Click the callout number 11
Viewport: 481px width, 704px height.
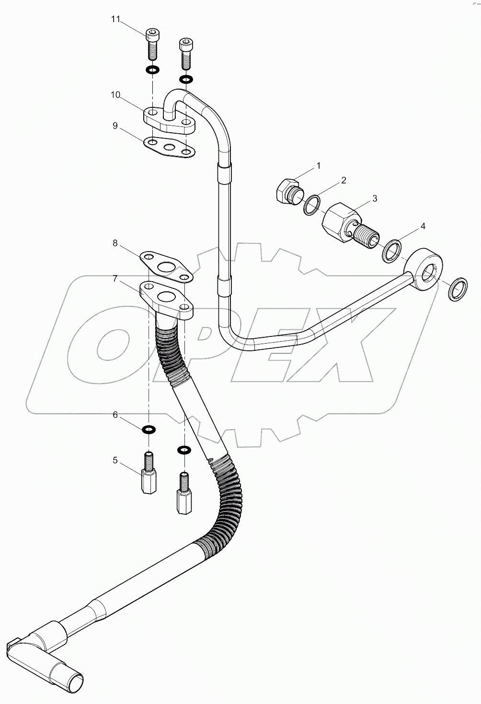(115, 19)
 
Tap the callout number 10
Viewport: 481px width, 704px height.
(115, 95)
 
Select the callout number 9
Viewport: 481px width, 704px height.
(115, 126)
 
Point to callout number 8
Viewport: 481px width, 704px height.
(115, 243)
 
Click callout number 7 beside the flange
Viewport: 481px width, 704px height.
(115, 278)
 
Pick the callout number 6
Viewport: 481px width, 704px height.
(115, 415)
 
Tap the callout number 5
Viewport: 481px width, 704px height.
(115, 461)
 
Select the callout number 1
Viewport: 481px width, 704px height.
(318, 166)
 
